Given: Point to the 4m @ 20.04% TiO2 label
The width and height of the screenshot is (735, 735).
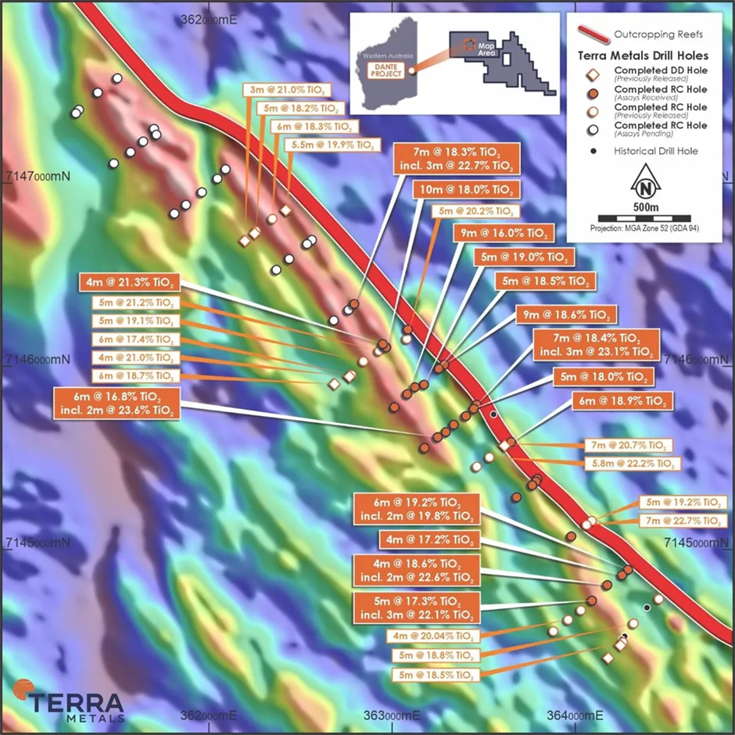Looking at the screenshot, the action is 435,636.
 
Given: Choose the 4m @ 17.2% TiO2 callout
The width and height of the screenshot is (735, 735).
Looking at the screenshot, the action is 428,540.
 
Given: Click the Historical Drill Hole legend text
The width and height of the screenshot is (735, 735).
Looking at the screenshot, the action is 656,151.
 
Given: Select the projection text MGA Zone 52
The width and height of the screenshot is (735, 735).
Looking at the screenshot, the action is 645,228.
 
